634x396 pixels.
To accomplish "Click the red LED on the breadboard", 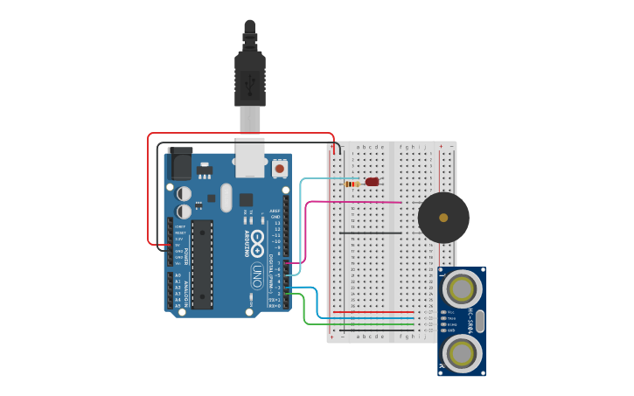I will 373,182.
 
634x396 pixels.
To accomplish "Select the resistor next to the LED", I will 353,184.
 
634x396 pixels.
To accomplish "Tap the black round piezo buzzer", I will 443,218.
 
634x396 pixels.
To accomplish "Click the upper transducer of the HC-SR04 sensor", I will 461,287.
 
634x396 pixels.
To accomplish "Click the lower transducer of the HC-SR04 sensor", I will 461,352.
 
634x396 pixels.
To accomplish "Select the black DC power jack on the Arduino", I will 180,163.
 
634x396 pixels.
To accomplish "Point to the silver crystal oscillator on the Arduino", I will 226,197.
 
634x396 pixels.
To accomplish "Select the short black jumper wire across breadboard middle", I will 371,233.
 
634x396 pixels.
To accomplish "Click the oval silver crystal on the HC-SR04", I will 479,319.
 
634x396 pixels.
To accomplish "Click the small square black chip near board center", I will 246,199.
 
